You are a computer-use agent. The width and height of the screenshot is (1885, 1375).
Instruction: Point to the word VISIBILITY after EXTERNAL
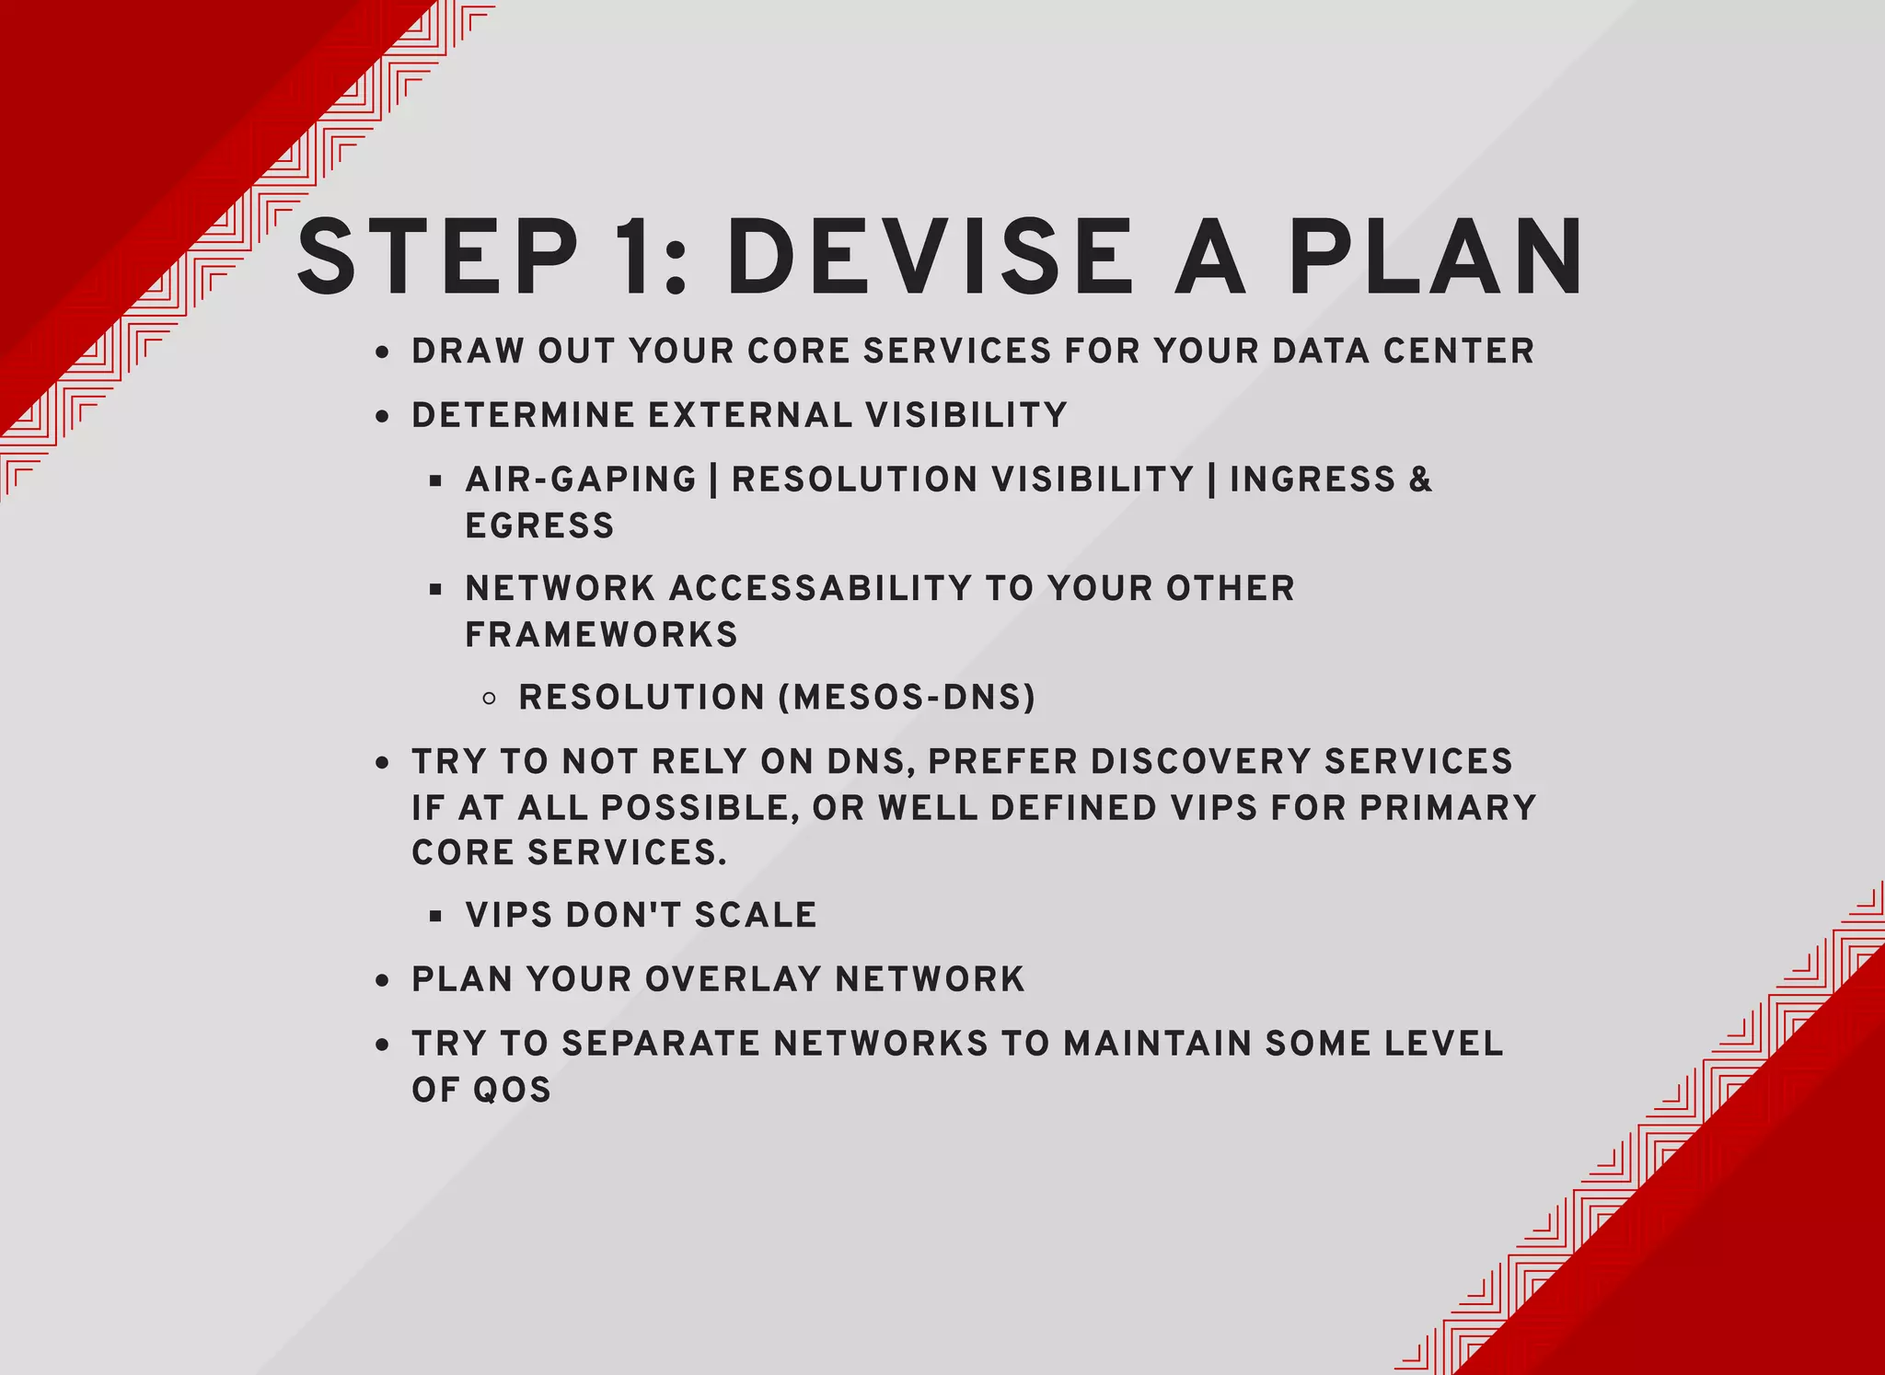[x=966, y=416]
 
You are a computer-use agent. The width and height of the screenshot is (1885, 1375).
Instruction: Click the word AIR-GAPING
[x=581, y=480]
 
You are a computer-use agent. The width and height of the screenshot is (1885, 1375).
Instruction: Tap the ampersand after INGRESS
[x=1420, y=480]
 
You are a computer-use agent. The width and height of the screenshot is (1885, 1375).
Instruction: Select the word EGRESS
[x=539, y=526]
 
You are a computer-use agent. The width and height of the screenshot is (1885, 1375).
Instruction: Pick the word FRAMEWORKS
[x=601, y=635]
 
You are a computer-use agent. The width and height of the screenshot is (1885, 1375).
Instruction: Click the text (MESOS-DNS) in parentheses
[x=907, y=698]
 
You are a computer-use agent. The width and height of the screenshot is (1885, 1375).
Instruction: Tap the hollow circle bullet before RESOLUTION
[x=490, y=699]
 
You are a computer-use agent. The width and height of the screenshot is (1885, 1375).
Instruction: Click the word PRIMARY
[x=1448, y=808]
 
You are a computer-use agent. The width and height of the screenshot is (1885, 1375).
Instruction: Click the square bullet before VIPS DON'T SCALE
[x=435, y=916]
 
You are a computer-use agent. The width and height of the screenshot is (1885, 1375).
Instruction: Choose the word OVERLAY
[x=733, y=979]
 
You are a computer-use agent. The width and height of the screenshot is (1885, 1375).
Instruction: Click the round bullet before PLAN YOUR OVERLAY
[x=383, y=981]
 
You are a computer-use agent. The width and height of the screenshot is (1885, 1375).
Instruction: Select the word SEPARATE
[x=661, y=1045]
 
